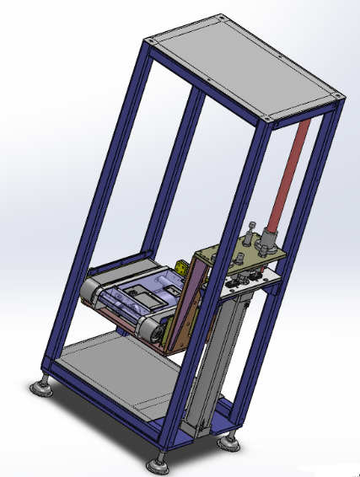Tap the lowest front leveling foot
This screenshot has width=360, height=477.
tap(155, 462)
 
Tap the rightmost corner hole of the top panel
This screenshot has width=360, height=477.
tap(339, 98)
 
